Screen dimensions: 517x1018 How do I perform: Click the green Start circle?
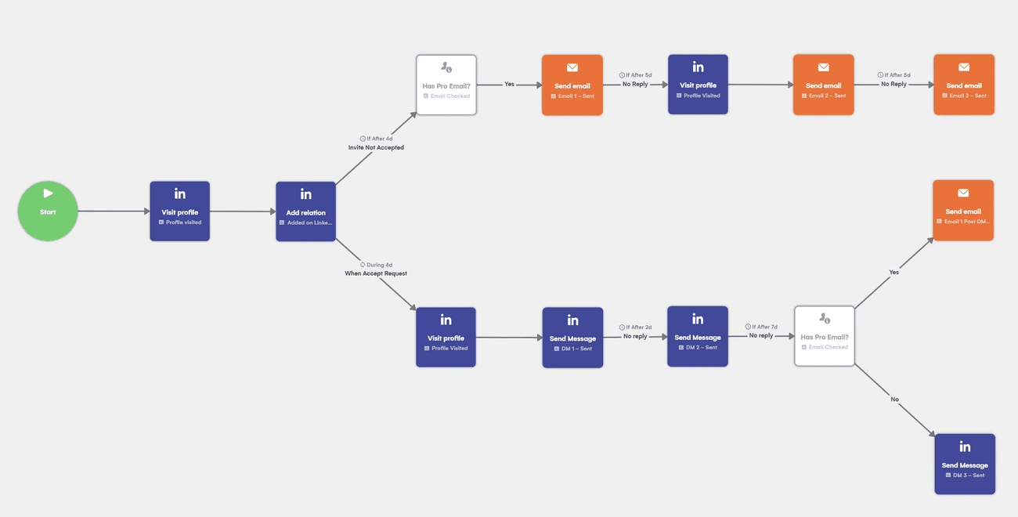pyautogui.click(x=48, y=211)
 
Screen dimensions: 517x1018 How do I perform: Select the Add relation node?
pyautogui.click(x=305, y=211)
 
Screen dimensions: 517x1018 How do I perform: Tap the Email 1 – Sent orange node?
pyautogui.click(x=572, y=85)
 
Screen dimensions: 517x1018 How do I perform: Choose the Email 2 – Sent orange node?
pyautogui.click(x=823, y=85)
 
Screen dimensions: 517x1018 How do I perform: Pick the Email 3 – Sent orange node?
pyautogui.click(x=963, y=85)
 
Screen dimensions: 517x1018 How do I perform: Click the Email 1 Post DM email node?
pyautogui.click(x=963, y=210)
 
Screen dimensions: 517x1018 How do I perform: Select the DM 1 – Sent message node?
pyautogui.click(x=572, y=338)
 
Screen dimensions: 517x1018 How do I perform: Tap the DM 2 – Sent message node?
pyautogui.click(x=697, y=337)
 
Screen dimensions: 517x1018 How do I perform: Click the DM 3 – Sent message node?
pyautogui.click(x=965, y=464)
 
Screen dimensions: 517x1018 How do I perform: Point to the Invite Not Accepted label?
pyautogui.click(x=376, y=147)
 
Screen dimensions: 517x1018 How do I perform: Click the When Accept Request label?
pyautogui.click(x=376, y=273)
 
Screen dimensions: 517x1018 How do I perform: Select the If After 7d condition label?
pyautogui.click(x=761, y=327)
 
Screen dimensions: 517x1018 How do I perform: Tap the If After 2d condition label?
pyautogui.click(x=635, y=327)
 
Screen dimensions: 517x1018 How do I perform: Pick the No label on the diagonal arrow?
pyautogui.click(x=894, y=399)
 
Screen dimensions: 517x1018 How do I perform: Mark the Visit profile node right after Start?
pyautogui.click(x=179, y=211)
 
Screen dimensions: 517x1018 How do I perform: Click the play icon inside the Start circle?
pyautogui.click(x=48, y=193)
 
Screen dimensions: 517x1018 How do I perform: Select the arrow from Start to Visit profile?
pyautogui.click(x=114, y=211)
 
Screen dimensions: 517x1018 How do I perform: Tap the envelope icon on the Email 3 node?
pyautogui.click(x=963, y=67)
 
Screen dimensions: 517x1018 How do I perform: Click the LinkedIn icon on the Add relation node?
pyautogui.click(x=305, y=194)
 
